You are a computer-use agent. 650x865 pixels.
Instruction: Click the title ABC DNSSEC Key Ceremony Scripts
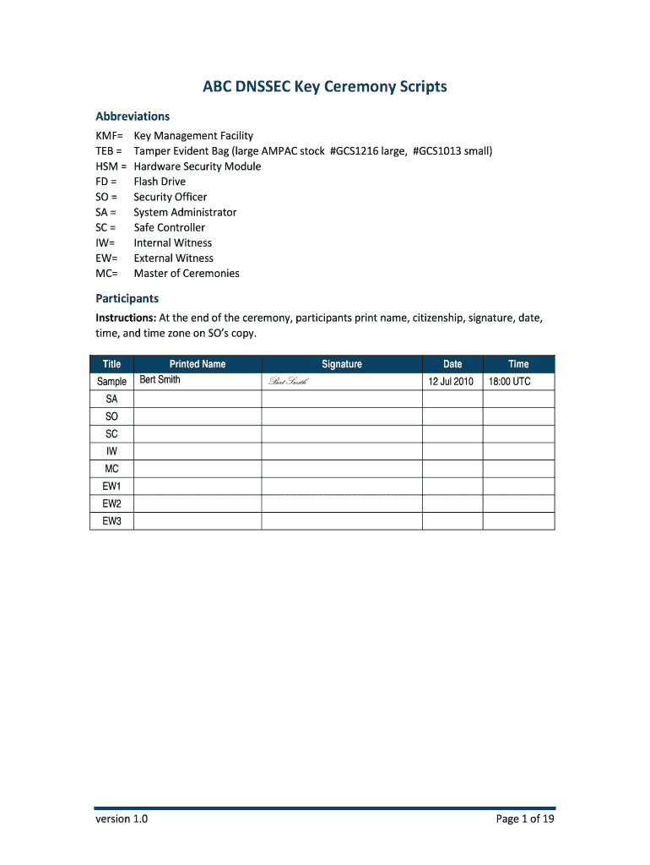pyautogui.click(x=324, y=87)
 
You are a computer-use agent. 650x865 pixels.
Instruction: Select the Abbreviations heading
pyautogui.click(x=133, y=117)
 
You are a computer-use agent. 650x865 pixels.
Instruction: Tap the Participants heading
pyautogui.click(x=127, y=299)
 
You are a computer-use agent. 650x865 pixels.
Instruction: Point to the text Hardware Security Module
pyautogui.click(x=198, y=166)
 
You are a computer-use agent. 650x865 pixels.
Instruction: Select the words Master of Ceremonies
pyautogui.click(x=187, y=274)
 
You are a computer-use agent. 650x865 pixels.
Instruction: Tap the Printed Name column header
pyautogui.click(x=198, y=364)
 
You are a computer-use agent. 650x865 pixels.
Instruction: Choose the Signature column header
pyautogui.click(x=341, y=364)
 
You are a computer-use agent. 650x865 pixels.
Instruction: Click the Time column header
pyautogui.click(x=518, y=364)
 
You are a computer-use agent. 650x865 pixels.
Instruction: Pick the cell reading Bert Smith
pyautogui.click(x=160, y=380)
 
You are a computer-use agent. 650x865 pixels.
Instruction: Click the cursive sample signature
pyautogui.click(x=288, y=382)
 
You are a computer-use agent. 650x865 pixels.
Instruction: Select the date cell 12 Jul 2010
pyautogui.click(x=452, y=382)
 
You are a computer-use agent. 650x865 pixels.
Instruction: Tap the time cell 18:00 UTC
pyautogui.click(x=510, y=382)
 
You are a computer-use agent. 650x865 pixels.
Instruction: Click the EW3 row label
pyautogui.click(x=112, y=521)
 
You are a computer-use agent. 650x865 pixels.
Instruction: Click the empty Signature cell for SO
pyautogui.click(x=341, y=416)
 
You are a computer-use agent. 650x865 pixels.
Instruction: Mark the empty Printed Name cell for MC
pyautogui.click(x=198, y=469)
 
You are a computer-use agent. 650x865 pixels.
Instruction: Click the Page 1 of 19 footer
pyautogui.click(x=525, y=819)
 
